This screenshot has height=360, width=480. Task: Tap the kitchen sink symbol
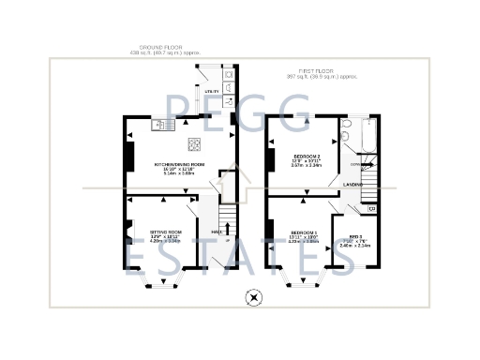(163, 123)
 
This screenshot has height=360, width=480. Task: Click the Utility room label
(211, 90)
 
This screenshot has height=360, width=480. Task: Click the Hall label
(216, 231)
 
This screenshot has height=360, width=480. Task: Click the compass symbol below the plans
(251, 299)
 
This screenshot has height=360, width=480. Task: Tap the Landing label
(352, 186)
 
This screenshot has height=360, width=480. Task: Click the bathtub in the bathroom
(367, 137)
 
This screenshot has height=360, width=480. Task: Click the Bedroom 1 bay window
(299, 279)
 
